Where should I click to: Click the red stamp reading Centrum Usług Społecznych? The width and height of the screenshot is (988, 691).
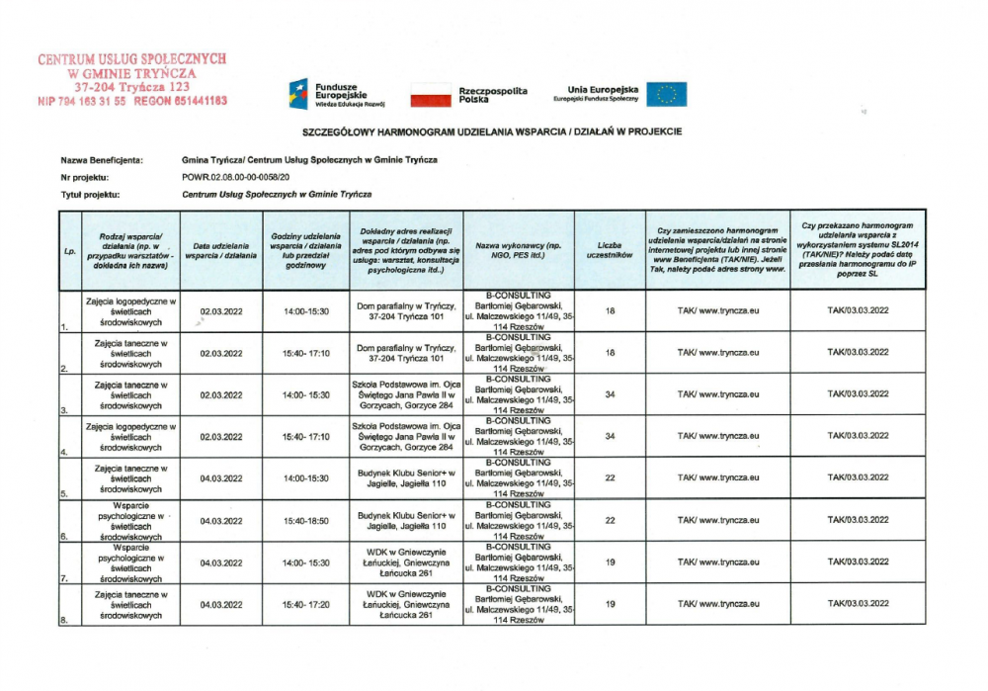click(x=132, y=79)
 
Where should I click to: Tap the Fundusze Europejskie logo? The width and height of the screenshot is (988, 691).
click(x=335, y=93)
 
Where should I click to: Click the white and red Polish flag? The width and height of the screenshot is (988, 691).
click(x=430, y=95)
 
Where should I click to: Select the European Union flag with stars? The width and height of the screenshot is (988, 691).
click(x=667, y=94)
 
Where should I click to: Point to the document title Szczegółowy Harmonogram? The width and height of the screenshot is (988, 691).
click(x=491, y=131)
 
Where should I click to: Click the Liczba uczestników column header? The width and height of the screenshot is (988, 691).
click(x=610, y=250)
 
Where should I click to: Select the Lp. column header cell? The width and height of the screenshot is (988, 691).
click(x=69, y=250)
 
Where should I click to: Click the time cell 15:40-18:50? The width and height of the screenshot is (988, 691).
click(x=306, y=520)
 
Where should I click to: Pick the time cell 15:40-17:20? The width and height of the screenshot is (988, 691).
click(x=306, y=603)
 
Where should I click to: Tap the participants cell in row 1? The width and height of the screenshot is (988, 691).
click(x=610, y=311)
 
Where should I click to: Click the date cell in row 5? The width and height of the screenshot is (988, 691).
click(x=221, y=478)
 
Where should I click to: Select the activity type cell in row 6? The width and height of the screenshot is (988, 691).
click(x=130, y=520)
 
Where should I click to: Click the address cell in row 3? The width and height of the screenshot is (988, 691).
click(x=406, y=394)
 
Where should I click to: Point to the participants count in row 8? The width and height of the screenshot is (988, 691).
click(x=610, y=603)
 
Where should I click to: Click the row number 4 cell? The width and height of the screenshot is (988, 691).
click(x=69, y=436)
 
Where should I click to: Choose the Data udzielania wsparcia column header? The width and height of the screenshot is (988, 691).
click(x=221, y=250)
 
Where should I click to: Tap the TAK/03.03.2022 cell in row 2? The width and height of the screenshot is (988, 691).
click(x=858, y=353)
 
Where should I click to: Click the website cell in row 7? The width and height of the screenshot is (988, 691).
click(x=717, y=561)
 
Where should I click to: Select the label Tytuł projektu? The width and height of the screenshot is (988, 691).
click(x=91, y=196)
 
